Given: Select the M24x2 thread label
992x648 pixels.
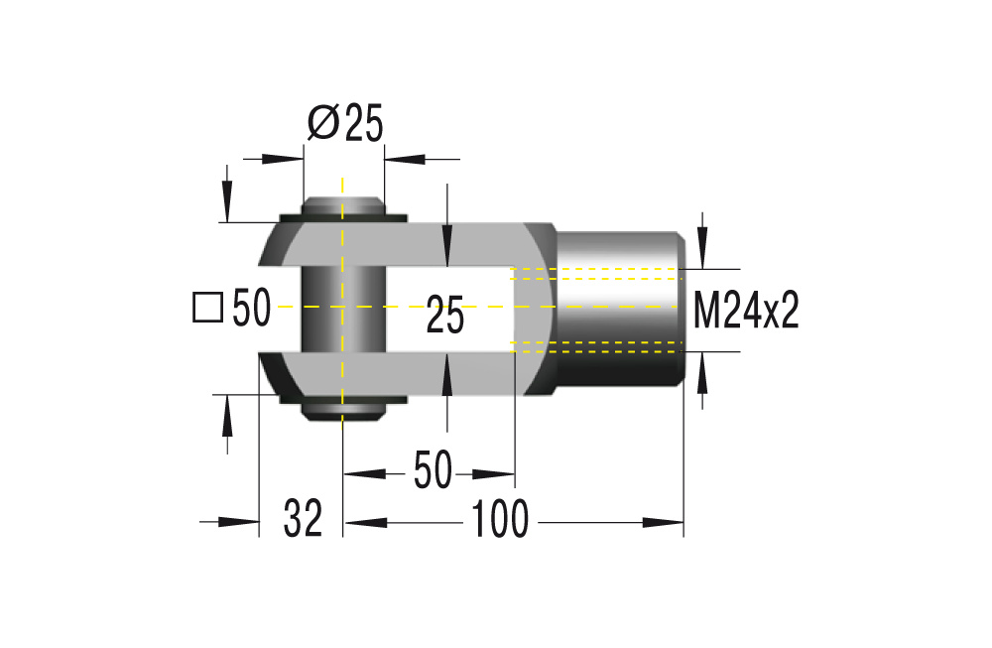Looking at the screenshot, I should [x=746, y=311].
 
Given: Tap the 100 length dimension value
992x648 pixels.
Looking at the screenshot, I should [x=500, y=520].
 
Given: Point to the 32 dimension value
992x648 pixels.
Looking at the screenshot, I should [x=303, y=519].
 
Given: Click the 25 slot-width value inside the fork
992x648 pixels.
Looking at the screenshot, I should [x=445, y=318].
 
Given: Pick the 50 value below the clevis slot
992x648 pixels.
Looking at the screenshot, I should [x=432, y=470].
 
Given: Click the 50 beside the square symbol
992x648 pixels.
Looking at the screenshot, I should [x=251, y=309].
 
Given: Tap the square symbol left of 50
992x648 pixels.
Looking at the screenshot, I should [x=206, y=308].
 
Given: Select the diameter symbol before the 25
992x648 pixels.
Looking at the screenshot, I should [x=322, y=123].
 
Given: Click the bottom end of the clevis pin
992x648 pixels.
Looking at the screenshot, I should [x=341, y=410].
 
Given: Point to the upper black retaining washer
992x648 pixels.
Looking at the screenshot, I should [x=341, y=217].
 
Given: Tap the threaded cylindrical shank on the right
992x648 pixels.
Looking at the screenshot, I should [x=620, y=310].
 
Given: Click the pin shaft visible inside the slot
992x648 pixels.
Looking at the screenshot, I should [x=341, y=309].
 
